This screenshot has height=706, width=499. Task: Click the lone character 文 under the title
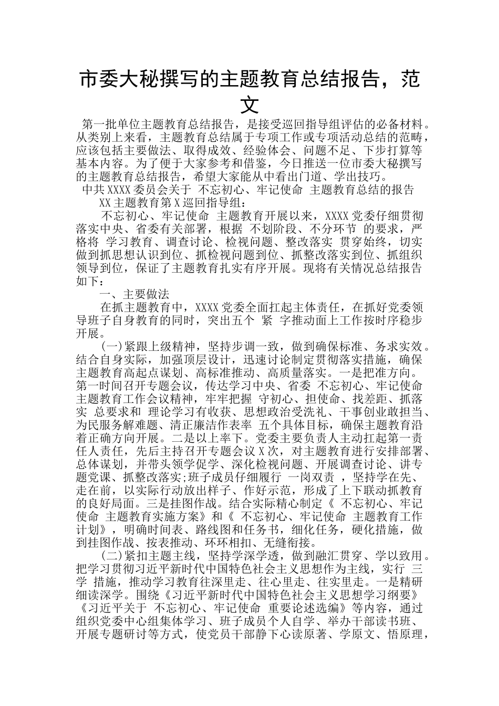249,105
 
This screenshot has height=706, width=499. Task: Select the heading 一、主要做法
134,295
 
